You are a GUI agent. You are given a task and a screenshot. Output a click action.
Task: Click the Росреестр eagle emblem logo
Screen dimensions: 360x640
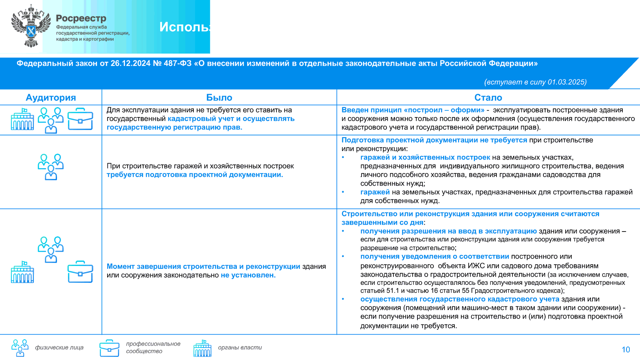tap(31, 26)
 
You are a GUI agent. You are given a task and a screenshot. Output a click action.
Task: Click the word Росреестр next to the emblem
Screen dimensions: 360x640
tap(81, 18)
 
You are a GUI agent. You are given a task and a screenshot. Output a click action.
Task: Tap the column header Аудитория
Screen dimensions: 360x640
tap(51, 97)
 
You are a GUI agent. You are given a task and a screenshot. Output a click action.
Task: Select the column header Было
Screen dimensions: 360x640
tap(219, 97)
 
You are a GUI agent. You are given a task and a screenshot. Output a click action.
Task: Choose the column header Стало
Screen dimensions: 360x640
tap(488, 97)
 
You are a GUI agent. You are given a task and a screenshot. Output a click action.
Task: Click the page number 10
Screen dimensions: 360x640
tap(626, 350)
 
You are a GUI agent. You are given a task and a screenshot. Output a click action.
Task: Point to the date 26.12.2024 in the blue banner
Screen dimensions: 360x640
tap(130, 63)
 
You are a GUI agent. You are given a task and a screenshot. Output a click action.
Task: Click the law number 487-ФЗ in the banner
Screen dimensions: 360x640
tap(177, 63)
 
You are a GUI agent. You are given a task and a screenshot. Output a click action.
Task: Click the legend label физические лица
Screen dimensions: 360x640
tap(59, 348)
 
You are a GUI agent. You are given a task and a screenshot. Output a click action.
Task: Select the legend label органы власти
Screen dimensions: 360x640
tap(240, 348)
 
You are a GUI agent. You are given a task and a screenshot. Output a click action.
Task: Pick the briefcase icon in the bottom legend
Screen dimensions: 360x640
tap(109, 348)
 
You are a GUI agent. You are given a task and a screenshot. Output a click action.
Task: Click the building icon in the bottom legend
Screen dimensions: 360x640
tap(202, 348)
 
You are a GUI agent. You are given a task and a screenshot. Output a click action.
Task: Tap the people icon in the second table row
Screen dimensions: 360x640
tap(51, 167)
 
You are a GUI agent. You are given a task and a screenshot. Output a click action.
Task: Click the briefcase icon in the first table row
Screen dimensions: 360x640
tap(80, 119)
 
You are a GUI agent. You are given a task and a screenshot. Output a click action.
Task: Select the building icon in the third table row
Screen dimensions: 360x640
tap(22, 272)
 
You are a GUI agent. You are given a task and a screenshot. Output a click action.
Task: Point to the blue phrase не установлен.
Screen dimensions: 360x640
tap(248, 275)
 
